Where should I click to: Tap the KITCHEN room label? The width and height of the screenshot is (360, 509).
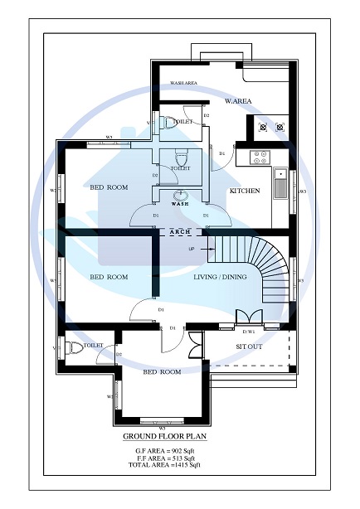(x=244, y=191)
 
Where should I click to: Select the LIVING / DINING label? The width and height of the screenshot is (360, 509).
(x=220, y=277)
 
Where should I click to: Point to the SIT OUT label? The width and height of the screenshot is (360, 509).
(x=249, y=347)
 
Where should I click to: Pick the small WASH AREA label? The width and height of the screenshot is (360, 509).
(x=182, y=84)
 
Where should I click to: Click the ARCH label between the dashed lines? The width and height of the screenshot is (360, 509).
(x=180, y=231)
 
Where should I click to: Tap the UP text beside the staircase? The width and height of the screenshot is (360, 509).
(x=192, y=249)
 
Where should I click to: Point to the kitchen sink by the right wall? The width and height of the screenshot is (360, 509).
(x=280, y=183)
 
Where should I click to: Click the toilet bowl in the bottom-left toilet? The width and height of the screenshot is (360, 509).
(x=75, y=347)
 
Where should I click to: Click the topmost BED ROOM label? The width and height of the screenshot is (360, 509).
(x=109, y=187)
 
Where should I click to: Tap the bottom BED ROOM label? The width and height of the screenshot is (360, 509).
(x=162, y=372)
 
